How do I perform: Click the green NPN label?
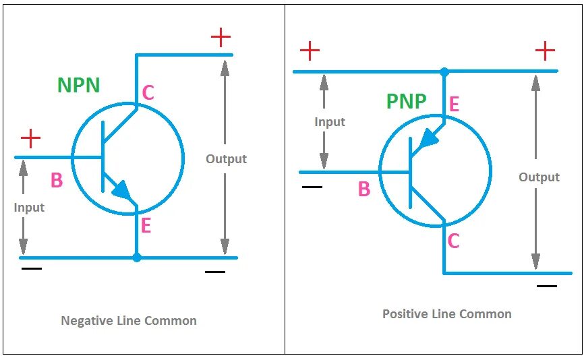(79, 86)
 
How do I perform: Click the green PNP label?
(406, 102)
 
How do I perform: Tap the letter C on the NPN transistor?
(148, 93)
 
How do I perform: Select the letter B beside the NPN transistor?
(57, 180)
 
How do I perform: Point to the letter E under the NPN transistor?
(145, 226)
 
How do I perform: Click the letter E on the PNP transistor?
(454, 104)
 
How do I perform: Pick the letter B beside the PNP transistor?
(364, 189)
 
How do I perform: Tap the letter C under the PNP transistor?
(453, 241)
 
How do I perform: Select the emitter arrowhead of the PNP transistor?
(428, 139)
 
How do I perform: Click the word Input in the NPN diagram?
(29, 208)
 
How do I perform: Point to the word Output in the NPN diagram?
(226, 159)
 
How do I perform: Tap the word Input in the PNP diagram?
(330, 122)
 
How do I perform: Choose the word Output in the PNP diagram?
(539, 177)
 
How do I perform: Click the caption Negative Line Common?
(129, 321)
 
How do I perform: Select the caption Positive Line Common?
(446, 314)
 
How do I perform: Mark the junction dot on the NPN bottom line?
(137, 258)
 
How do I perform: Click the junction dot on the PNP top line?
(444, 71)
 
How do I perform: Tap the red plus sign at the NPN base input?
(30, 139)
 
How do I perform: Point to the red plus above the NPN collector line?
(221, 37)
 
